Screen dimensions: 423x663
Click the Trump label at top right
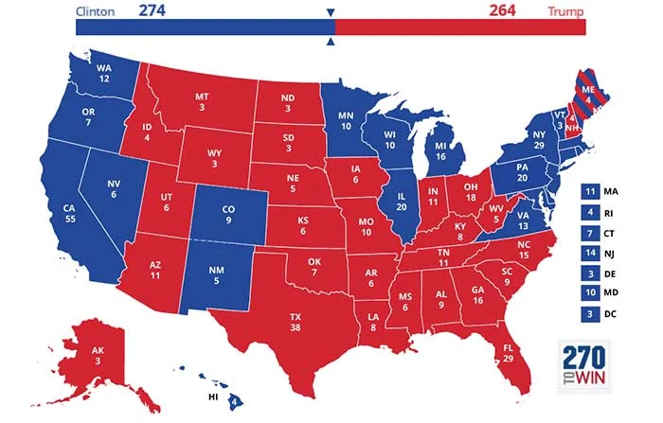click(565, 11)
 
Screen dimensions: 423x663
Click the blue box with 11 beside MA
click(592, 191)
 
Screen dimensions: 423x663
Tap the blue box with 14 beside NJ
click(592, 254)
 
